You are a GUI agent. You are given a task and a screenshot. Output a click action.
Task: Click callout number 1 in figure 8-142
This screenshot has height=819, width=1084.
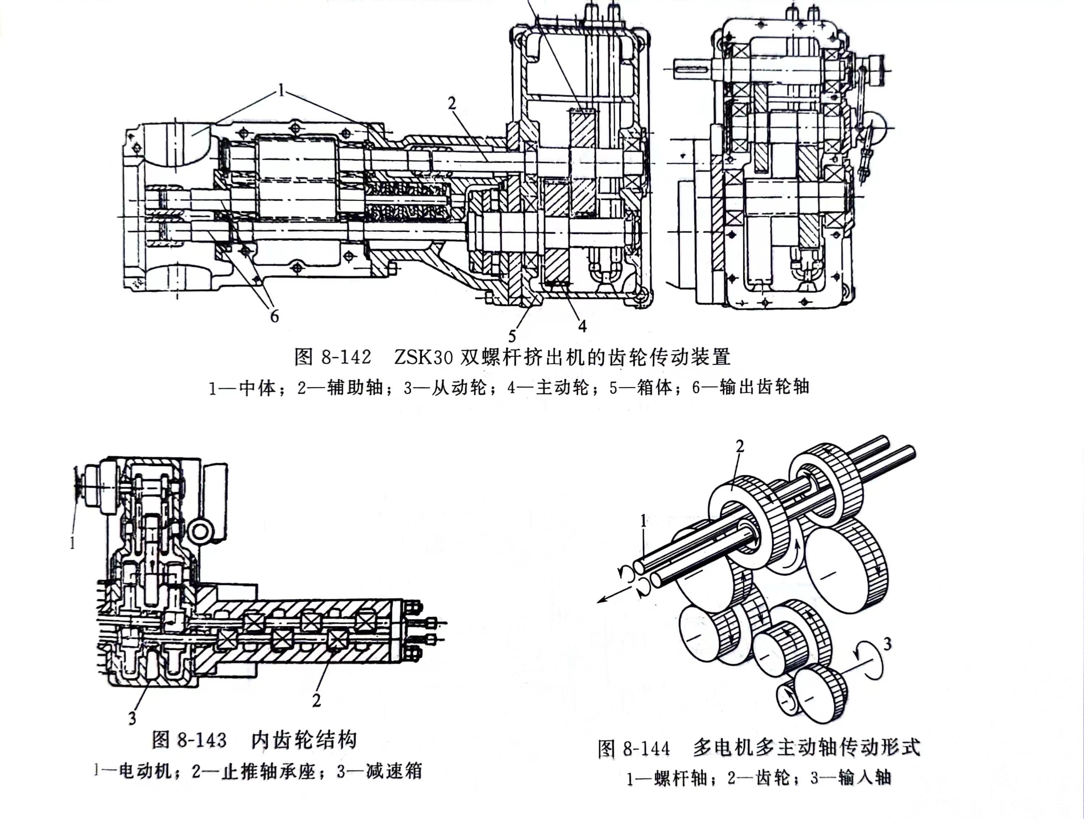(281, 91)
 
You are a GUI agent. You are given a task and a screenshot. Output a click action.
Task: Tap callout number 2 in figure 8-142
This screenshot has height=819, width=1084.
(451, 103)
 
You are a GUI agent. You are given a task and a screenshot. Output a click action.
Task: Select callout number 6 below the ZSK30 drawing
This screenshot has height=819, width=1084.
(274, 317)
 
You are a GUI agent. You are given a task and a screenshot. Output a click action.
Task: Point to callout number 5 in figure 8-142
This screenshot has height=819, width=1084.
(512, 336)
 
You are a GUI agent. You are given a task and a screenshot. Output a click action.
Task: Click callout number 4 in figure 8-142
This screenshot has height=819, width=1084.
(582, 326)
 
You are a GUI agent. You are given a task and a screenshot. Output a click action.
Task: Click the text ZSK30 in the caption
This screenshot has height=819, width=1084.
(423, 358)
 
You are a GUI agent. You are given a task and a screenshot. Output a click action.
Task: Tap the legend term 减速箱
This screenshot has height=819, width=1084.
(393, 771)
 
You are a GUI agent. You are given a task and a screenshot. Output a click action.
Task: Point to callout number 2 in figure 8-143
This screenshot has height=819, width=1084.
(317, 700)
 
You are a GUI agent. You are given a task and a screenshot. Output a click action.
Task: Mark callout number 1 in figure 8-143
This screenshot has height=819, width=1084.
(73, 543)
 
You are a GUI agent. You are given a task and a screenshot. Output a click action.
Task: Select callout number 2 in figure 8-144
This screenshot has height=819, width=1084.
(740, 446)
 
